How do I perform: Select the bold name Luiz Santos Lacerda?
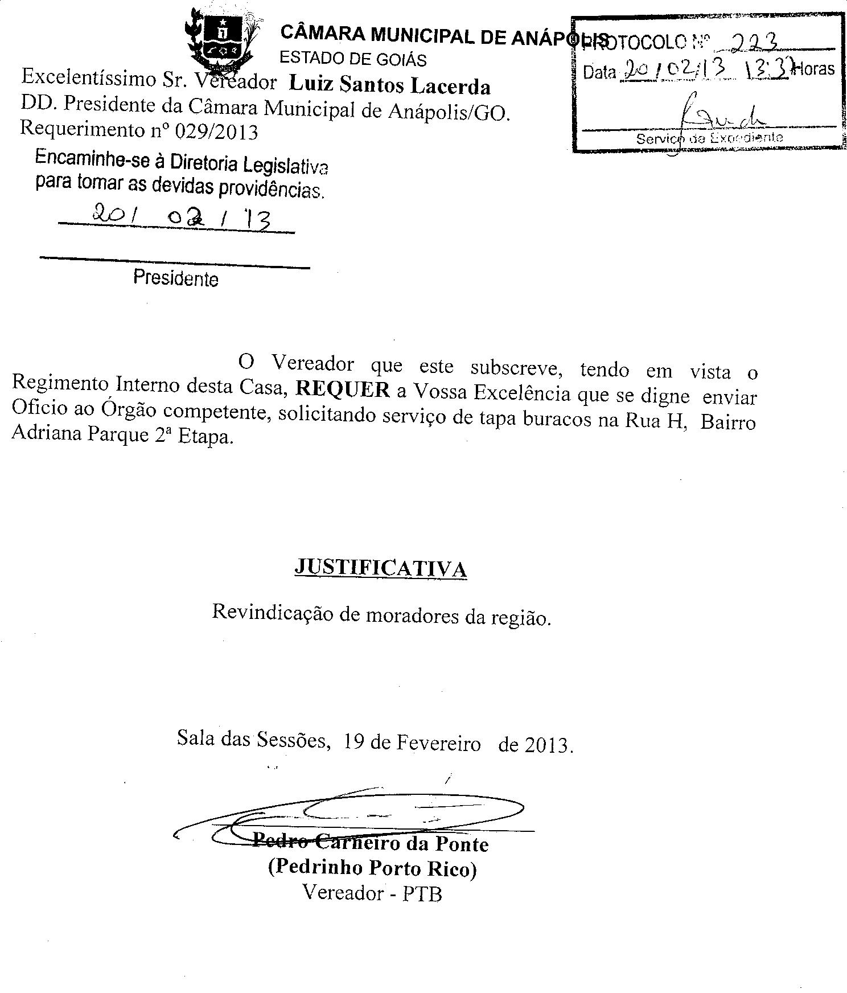click(389, 85)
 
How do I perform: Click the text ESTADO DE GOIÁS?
click(353, 59)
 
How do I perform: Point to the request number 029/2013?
click(216, 132)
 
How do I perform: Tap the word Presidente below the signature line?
click(176, 278)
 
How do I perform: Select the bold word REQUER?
click(343, 389)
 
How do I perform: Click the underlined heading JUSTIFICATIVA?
click(380, 568)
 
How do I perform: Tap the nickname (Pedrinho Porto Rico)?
click(372, 868)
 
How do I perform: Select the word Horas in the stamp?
click(815, 69)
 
